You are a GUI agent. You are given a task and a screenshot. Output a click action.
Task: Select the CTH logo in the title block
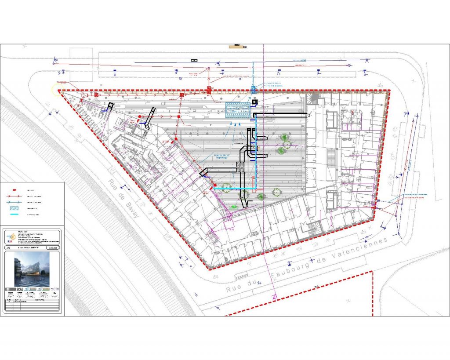coord(54,289)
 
